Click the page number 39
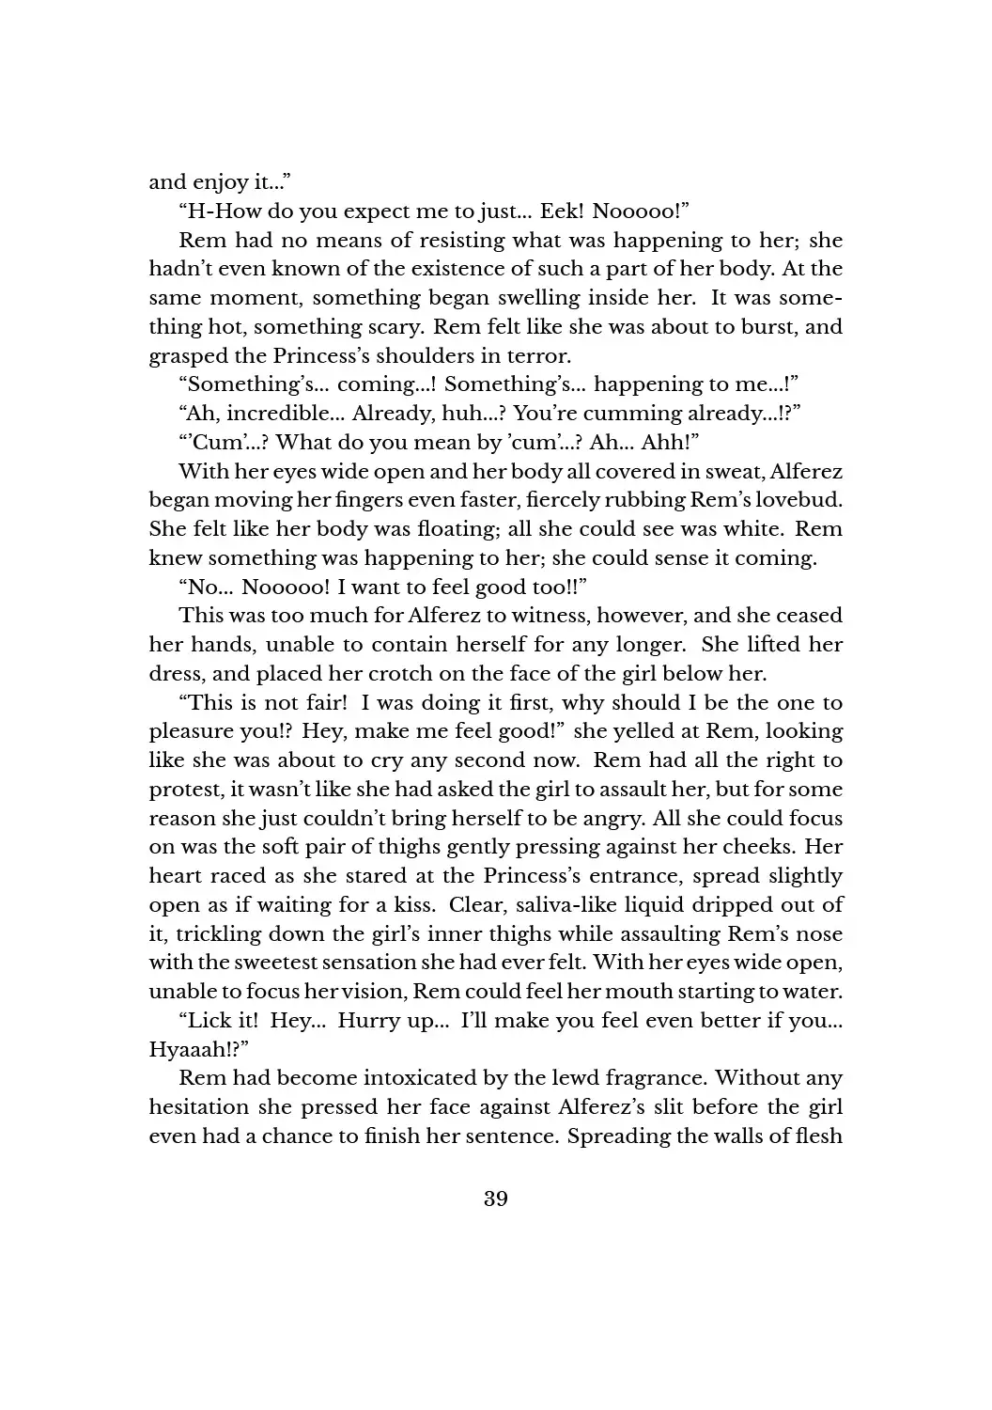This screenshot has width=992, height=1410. tap(496, 1198)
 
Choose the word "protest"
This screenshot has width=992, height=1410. tap(182, 790)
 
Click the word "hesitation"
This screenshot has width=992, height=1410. tap(199, 1107)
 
